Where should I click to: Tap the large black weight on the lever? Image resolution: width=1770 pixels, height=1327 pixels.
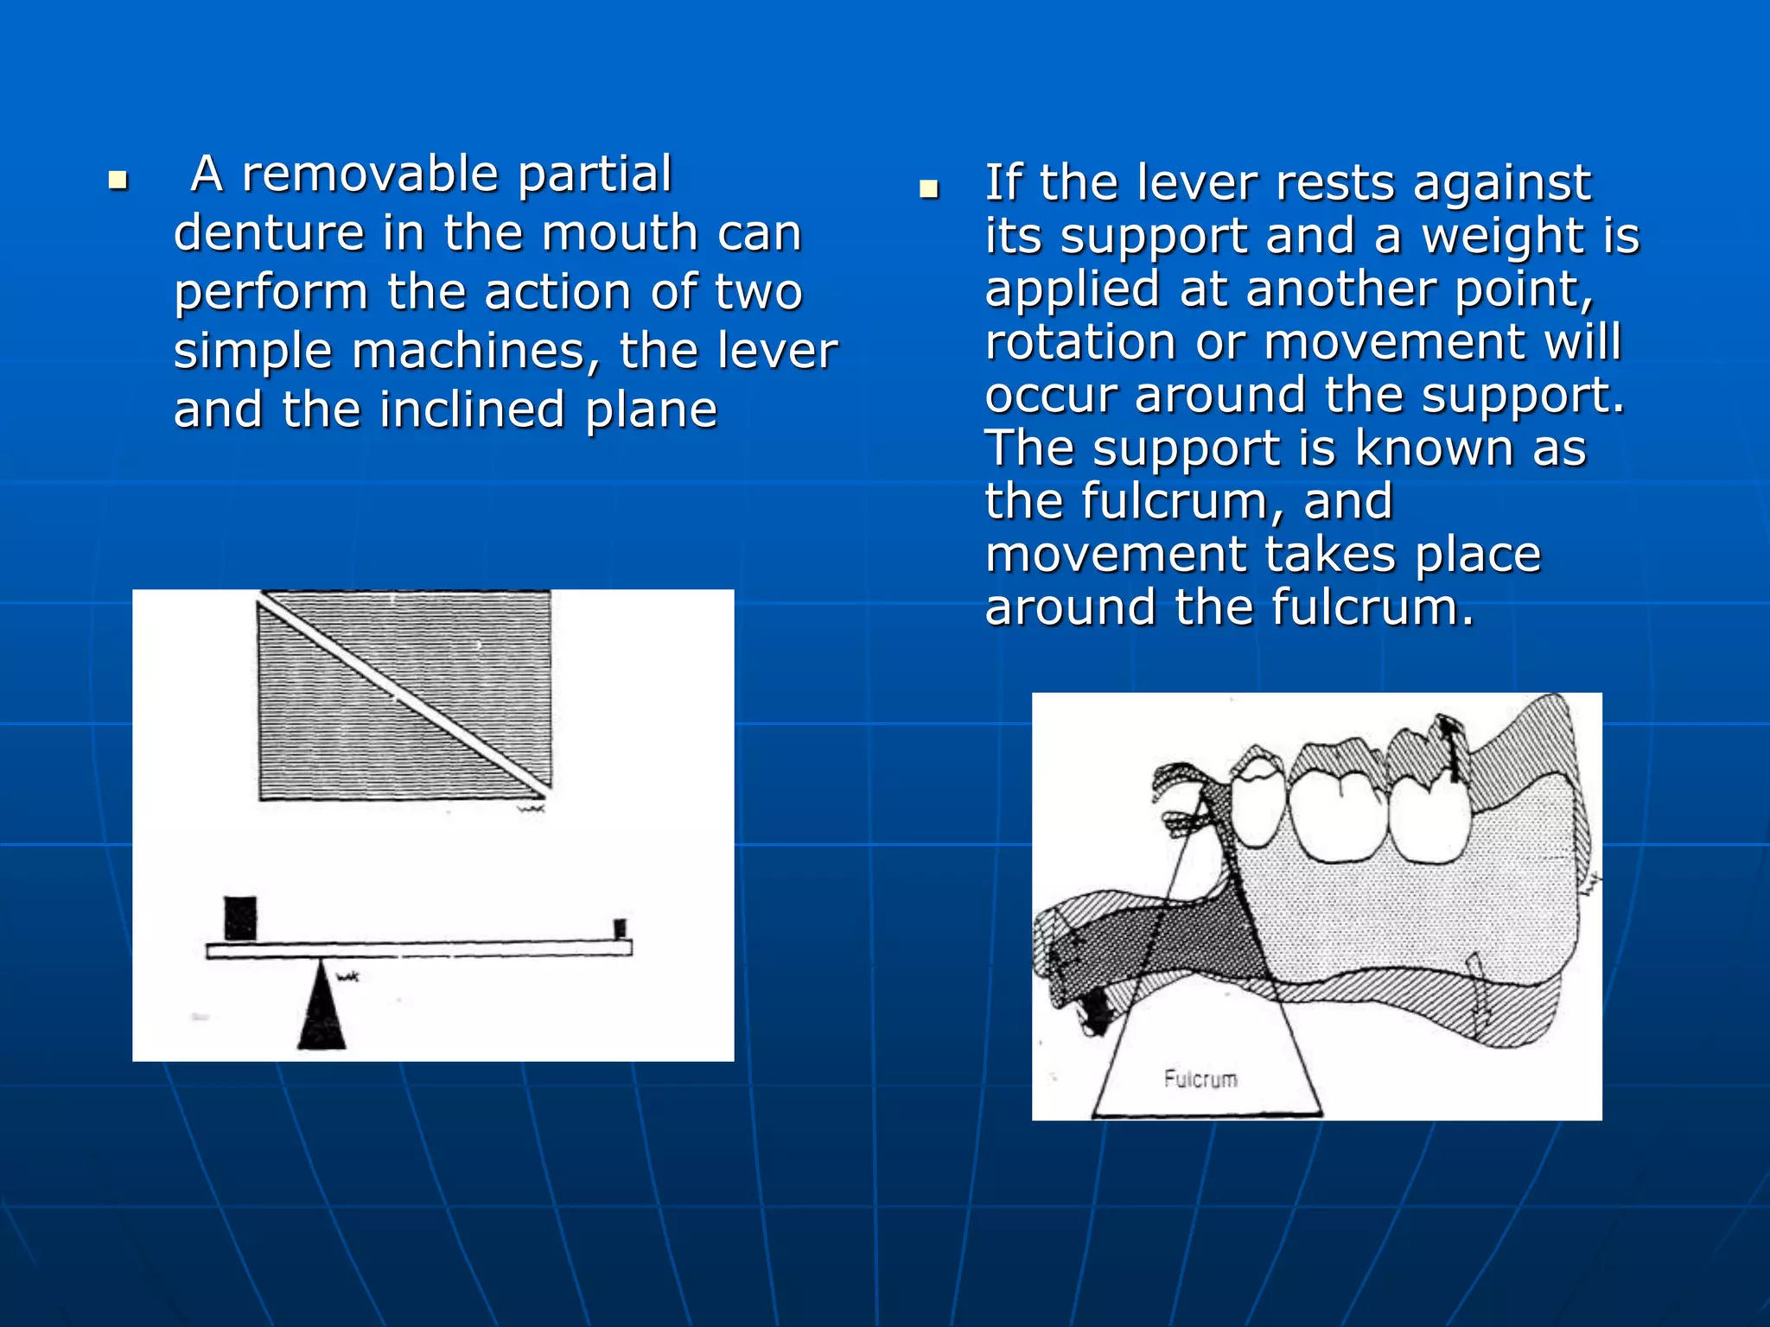(240, 918)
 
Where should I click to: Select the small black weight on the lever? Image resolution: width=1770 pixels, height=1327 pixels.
(620, 929)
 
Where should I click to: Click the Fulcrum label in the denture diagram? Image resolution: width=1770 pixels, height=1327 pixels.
(1200, 1079)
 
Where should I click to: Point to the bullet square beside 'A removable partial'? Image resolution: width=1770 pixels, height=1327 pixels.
(118, 181)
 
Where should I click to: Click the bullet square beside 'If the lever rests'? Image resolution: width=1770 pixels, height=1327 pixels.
(929, 189)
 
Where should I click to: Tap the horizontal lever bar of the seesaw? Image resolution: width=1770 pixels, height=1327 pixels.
(419, 949)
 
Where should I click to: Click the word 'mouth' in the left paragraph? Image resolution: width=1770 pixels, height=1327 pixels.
(620, 233)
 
